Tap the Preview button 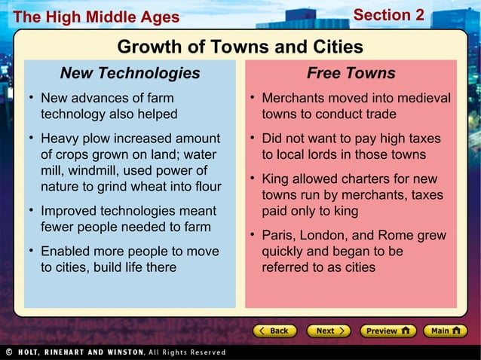(x=387, y=331)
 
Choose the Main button (x=445, y=331)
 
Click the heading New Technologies (x=130, y=73)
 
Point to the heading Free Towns (x=351, y=73)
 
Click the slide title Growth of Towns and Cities (x=240, y=47)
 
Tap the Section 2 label (x=388, y=15)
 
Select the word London (x=324, y=236)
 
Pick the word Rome (x=399, y=236)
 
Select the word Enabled (x=65, y=252)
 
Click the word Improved (x=68, y=212)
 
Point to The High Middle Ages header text (x=97, y=17)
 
